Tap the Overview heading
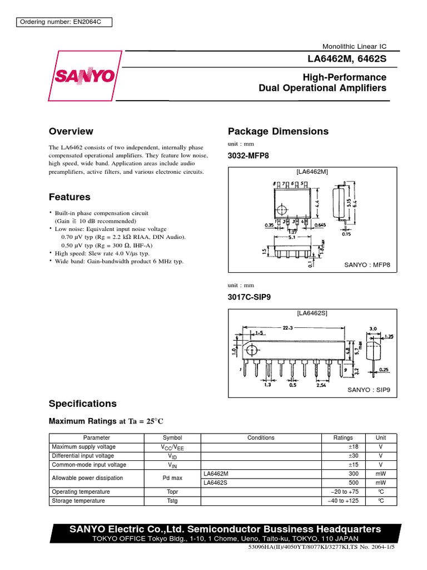pos(71,131)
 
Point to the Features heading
pos(69,197)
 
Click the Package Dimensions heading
pos(278,131)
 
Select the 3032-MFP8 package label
pos(248,156)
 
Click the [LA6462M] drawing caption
pos(312,171)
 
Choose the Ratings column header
pos(342,438)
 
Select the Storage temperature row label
pos(78,501)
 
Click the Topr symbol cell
pos(172,492)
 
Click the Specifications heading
pos(83,404)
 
